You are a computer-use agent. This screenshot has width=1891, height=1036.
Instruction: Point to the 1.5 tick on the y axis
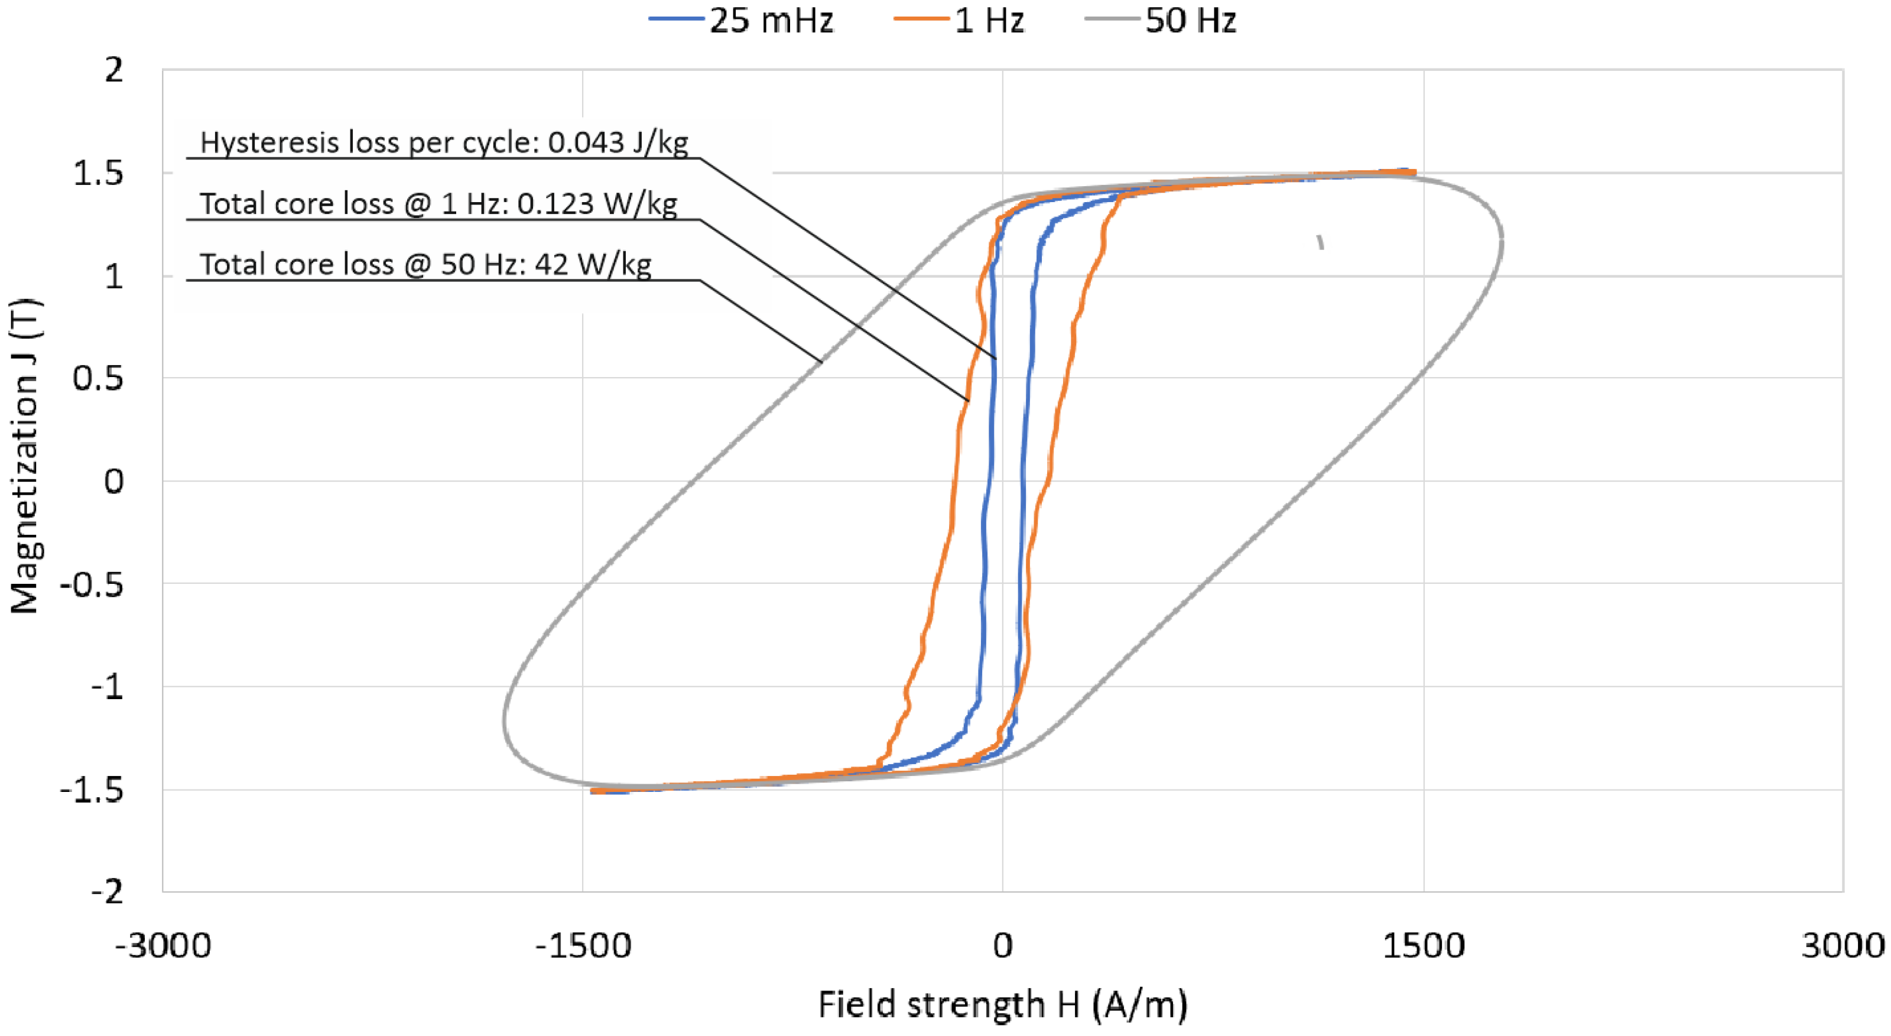(x=98, y=174)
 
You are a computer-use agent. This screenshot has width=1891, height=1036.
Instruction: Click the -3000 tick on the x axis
(x=163, y=945)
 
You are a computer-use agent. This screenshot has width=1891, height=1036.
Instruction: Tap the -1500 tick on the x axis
(x=583, y=945)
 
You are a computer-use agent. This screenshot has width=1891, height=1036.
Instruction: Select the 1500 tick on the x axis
(x=1424, y=945)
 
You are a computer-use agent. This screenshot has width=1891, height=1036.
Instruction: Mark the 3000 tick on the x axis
(x=1843, y=945)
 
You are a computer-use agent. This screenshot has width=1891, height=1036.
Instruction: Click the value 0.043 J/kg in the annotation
(x=618, y=142)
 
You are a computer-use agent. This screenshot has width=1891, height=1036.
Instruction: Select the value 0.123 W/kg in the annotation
(x=597, y=203)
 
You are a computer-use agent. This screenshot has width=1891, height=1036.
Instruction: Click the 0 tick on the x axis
(x=1003, y=945)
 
